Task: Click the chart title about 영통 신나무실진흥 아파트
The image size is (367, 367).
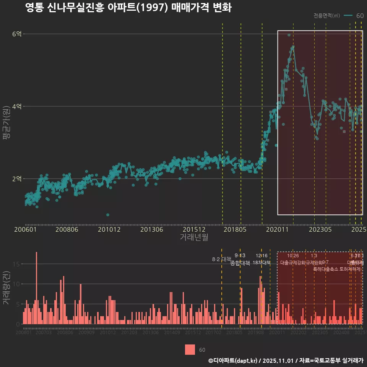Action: [128, 8]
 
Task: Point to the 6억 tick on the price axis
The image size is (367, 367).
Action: [16, 34]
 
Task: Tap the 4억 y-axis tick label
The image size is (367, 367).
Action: [16, 106]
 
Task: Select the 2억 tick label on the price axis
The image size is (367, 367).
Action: [16, 179]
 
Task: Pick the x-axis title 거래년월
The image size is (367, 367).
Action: [194, 237]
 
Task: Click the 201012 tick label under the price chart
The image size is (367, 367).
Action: [109, 230]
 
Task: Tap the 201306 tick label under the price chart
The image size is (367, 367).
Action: [151, 230]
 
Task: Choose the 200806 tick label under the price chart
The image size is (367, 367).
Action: [67, 230]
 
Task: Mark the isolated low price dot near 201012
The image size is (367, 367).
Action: [108, 215]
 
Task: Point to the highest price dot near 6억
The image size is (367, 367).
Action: [289, 35]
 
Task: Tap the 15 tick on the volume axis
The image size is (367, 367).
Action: [17, 264]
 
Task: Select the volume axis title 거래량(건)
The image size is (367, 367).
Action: [6, 288]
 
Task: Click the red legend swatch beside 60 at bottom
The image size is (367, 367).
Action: [190, 349]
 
